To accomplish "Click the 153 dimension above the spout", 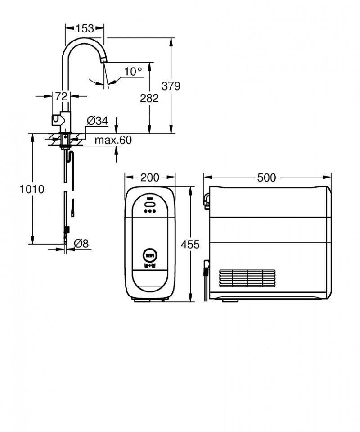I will tap(85, 28).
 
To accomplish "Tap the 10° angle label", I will tap(133, 71).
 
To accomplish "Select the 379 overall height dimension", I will tap(171, 86).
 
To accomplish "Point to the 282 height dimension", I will tap(149, 98).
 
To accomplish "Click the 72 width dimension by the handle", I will tap(61, 96).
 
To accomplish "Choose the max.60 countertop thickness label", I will tap(113, 141).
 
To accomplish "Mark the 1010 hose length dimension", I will tap(32, 189).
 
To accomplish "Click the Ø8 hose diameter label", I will tap(81, 243).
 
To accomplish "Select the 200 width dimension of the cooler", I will tap(150, 177).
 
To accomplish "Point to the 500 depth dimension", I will tap(267, 177).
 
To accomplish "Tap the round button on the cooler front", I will tap(149, 255).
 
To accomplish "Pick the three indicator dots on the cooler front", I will tap(150, 210).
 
